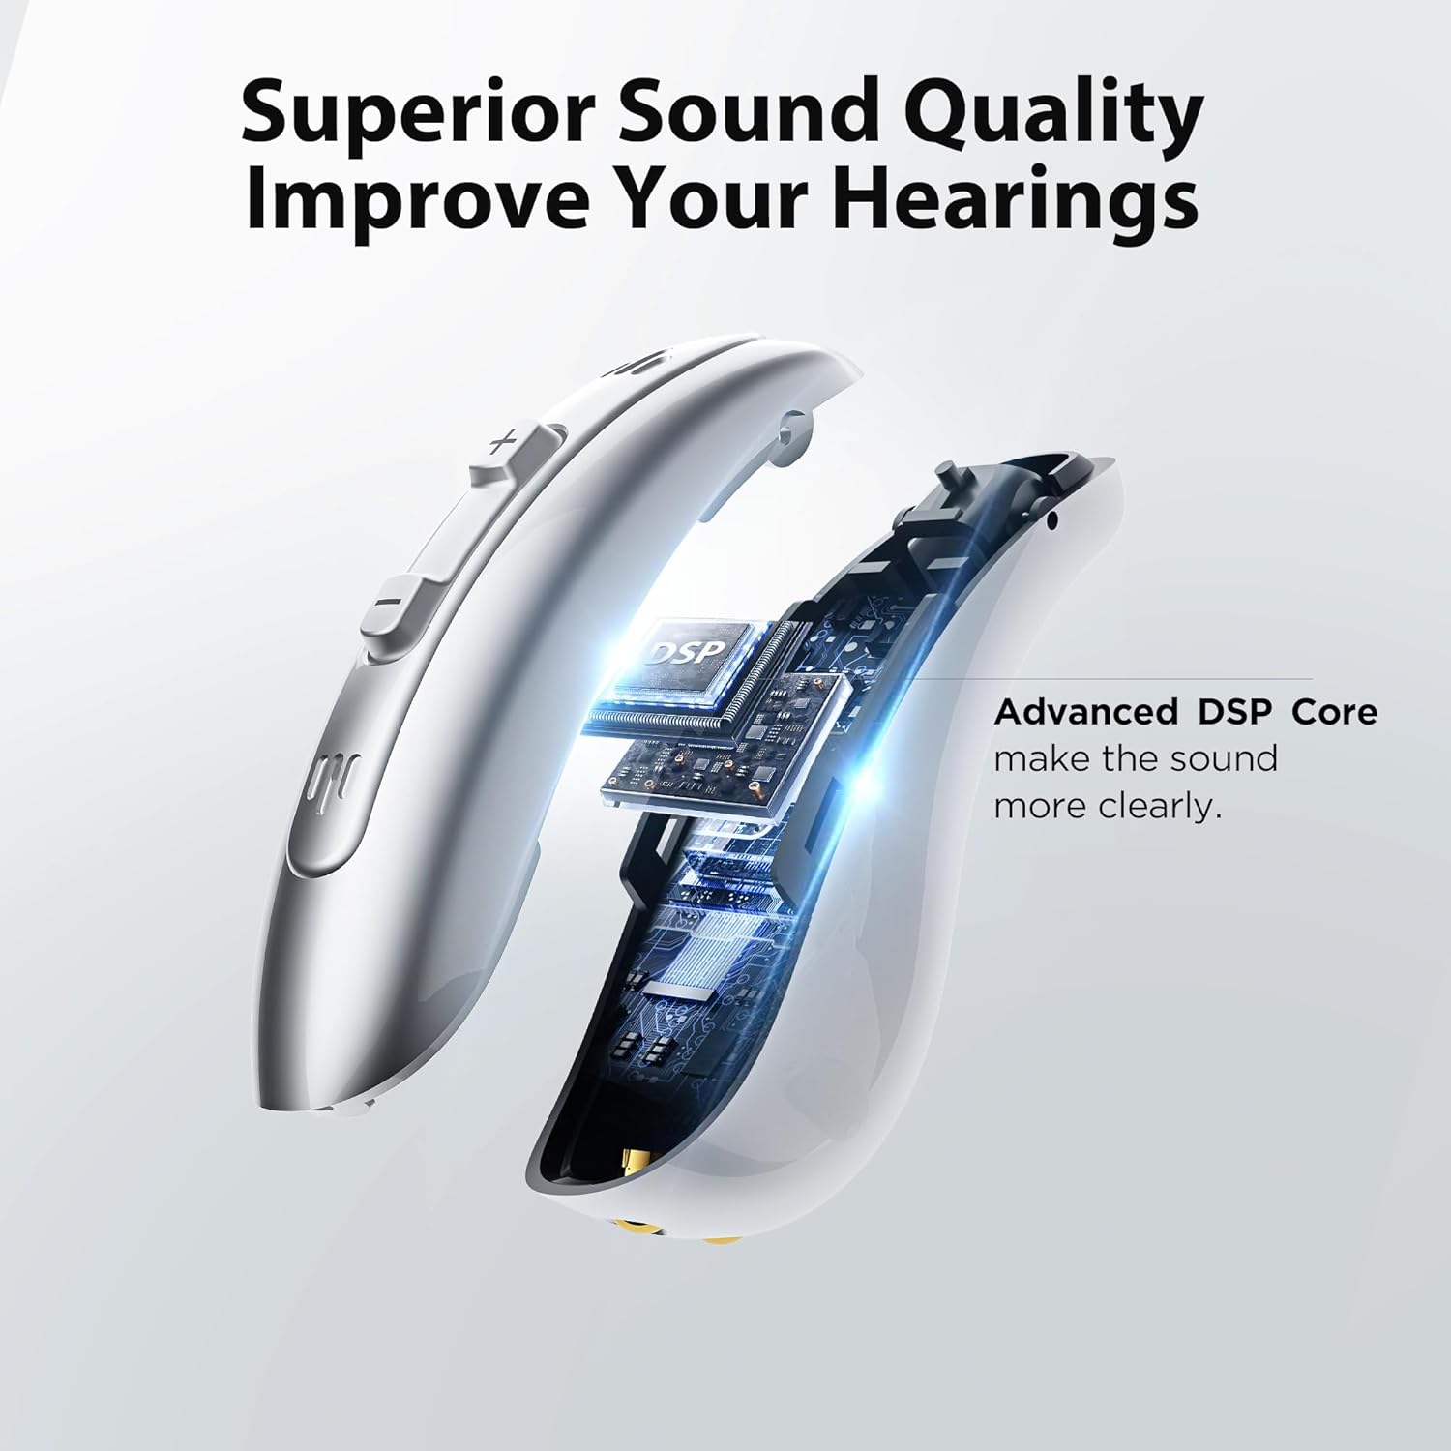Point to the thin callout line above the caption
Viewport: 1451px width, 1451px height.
pyautogui.click(x=1064, y=678)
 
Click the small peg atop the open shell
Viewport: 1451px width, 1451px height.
pyautogui.click(x=950, y=477)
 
